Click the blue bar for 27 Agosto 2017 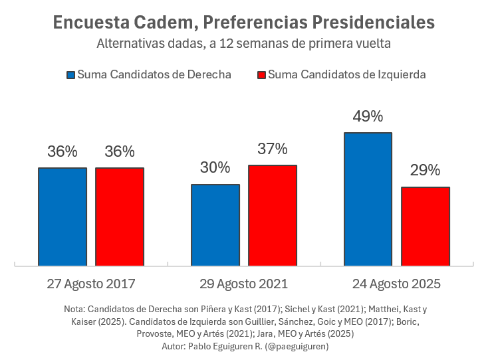[62, 217]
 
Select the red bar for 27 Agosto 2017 [120, 217]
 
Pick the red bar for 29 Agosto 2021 [273, 215]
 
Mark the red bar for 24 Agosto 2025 [425, 226]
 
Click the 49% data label [368, 116]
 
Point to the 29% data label [425, 170]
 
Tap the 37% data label [273, 148]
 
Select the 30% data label [215, 167]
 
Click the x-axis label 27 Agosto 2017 [91, 284]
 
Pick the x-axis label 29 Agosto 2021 [244, 284]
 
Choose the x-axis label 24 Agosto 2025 [396, 284]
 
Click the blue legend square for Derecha [70, 74]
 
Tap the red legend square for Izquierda [261, 74]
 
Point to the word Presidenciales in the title [372, 23]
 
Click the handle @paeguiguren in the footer [297, 346]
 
